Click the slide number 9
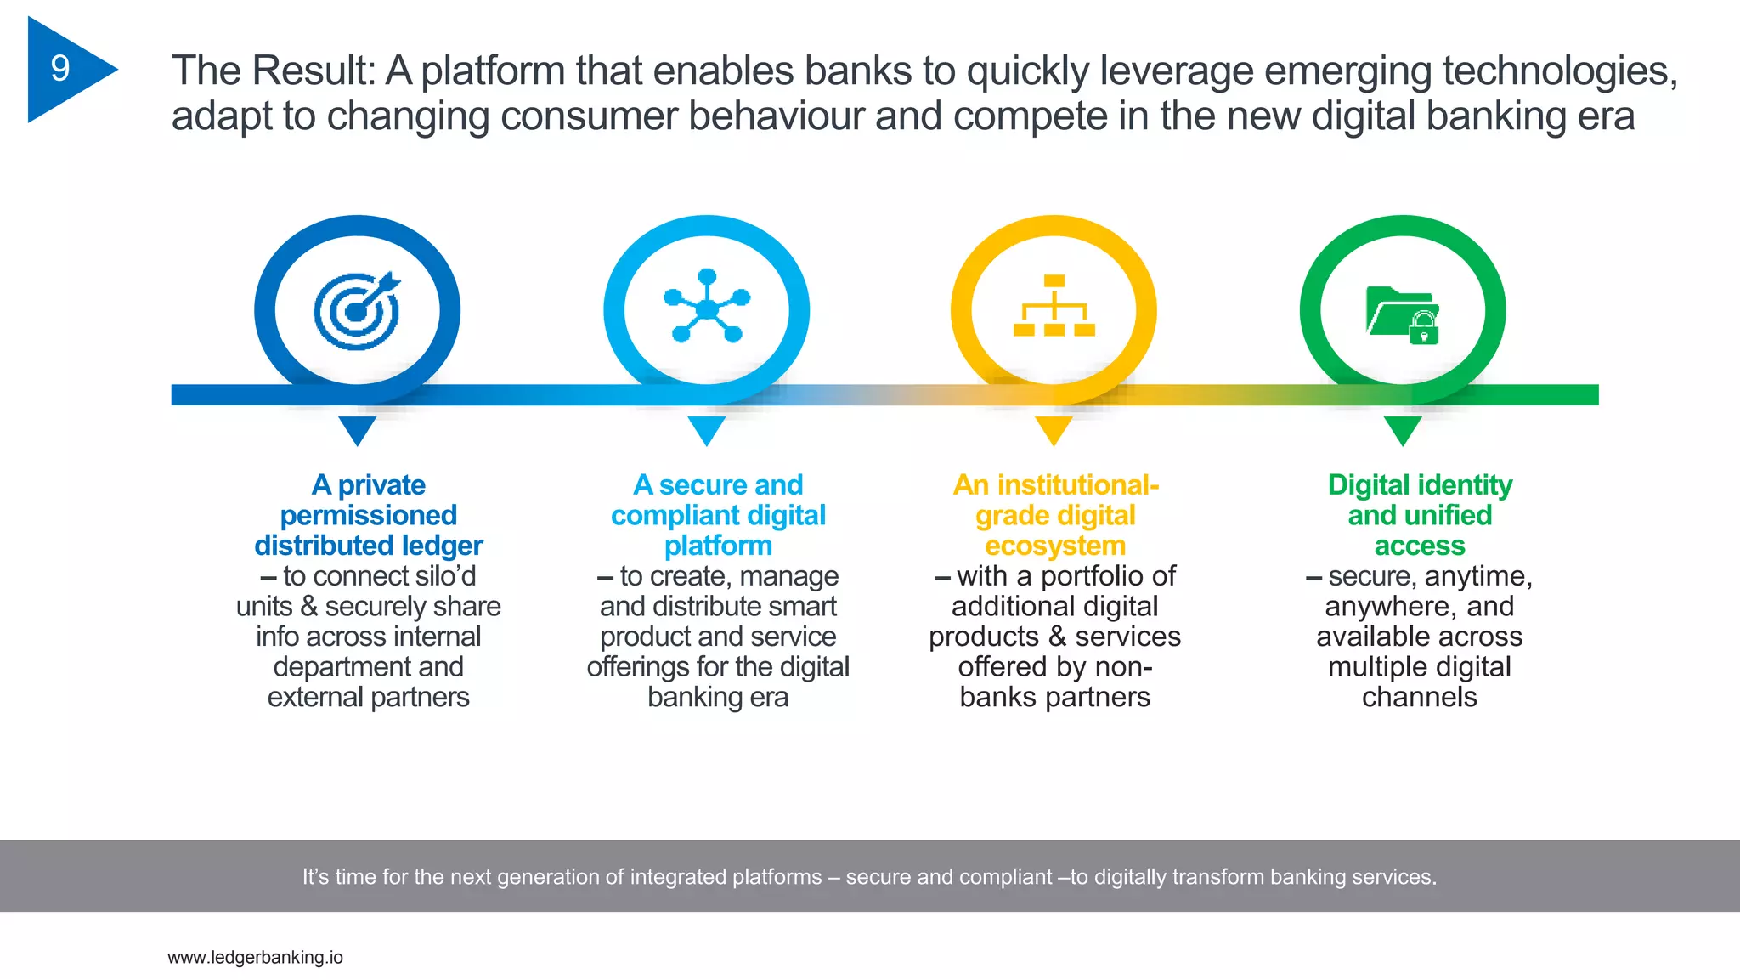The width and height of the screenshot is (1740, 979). click(59, 69)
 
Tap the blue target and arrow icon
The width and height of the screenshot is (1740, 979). click(357, 311)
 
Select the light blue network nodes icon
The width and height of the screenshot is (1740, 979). click(706, 308)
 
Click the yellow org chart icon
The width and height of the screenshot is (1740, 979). click(1054, 306)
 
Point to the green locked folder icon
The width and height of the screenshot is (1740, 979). click(1403, 314)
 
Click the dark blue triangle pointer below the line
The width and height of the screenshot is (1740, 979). click(357, 429)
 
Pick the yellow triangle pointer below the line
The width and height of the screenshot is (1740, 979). click(1054, 429)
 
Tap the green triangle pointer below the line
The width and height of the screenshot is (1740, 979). click(1403, 429)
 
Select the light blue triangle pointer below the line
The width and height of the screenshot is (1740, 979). click(706, 429)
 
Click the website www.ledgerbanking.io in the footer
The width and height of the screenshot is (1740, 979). click(255, 958)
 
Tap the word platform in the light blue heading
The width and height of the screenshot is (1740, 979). click(718, 546)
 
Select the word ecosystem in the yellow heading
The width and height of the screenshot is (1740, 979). click(1055, 546)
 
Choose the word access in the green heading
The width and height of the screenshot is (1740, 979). click(1420, 546)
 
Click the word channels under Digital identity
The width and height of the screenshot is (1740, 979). click(1420, 698)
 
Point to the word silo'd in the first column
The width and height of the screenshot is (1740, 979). click(439, 576)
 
